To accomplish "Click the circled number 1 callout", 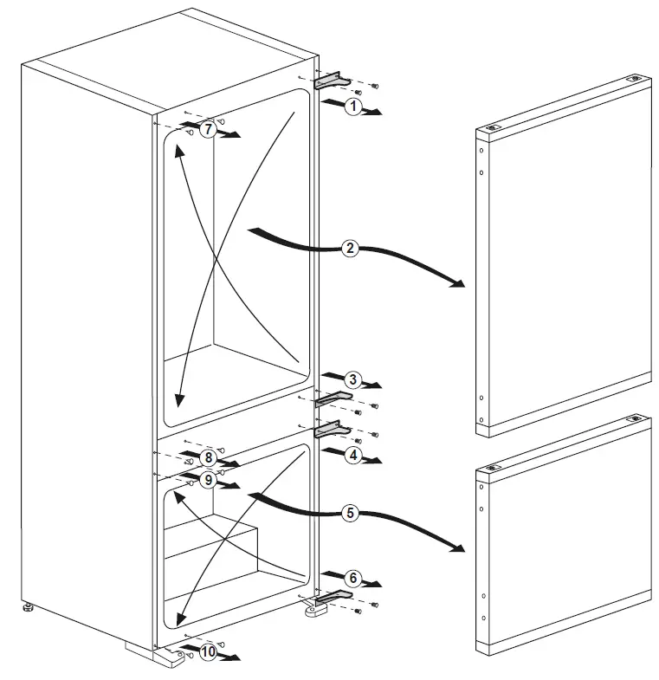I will pyautogui.click(x=352, y=106).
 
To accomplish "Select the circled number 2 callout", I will pyautogui.click(x=349, y=249).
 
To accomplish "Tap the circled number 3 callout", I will pyautogui.click(x=352, y=379).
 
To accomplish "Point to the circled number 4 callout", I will pyautogui.click(x=352, y=453).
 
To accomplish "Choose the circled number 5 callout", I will pyautogui.click(x=349, y=513).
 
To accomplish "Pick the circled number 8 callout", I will pyautogui.click(x=207, y=457).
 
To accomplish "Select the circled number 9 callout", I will pyautogui.click(x=207, y=479).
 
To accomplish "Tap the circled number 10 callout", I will pyautogui.click(x=208, y=653).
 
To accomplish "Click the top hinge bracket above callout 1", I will pyautogui.click(x=333, y=81).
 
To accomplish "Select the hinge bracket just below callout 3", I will pyautogui.click(x=333, y=398).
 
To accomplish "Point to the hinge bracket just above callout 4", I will pyautogui.click(x=333, y=429).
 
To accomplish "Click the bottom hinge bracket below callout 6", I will pyautogui.click(x=333, y=597).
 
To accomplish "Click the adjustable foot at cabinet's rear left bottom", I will pyautogui.click(x=29, y=607).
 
